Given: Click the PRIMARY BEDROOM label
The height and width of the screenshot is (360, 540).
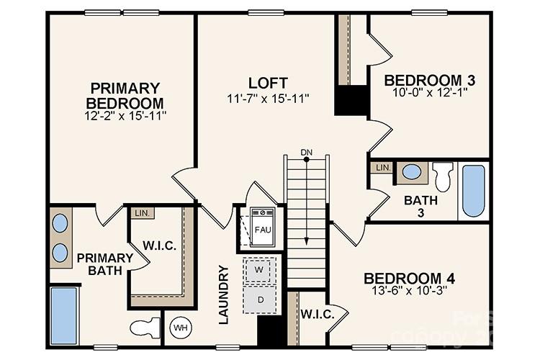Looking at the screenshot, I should [x=125, y=95].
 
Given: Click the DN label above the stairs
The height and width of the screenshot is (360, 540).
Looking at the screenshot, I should [x=307, y=152].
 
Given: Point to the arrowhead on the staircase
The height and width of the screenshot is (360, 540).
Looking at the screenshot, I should [x=307, y=243].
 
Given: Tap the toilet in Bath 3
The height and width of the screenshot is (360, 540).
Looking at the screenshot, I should [x=443, y=176].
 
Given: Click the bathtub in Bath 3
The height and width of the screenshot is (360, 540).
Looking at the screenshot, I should [x=473, y=191].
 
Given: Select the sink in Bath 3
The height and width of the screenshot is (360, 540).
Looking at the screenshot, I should [x=412, y=172].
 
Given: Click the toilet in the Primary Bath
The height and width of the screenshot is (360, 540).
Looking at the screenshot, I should [x=145, y=328].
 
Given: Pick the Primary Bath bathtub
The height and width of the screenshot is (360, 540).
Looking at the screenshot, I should [x=64, y=315].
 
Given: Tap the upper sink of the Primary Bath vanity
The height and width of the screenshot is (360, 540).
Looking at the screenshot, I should [x=60, y=223].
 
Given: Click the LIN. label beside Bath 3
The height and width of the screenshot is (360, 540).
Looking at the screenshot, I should [x=382, y=168].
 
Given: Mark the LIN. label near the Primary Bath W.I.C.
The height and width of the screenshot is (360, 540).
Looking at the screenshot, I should [x=140, y=213].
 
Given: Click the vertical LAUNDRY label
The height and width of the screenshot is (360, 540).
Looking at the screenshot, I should [x=223, y=294].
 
